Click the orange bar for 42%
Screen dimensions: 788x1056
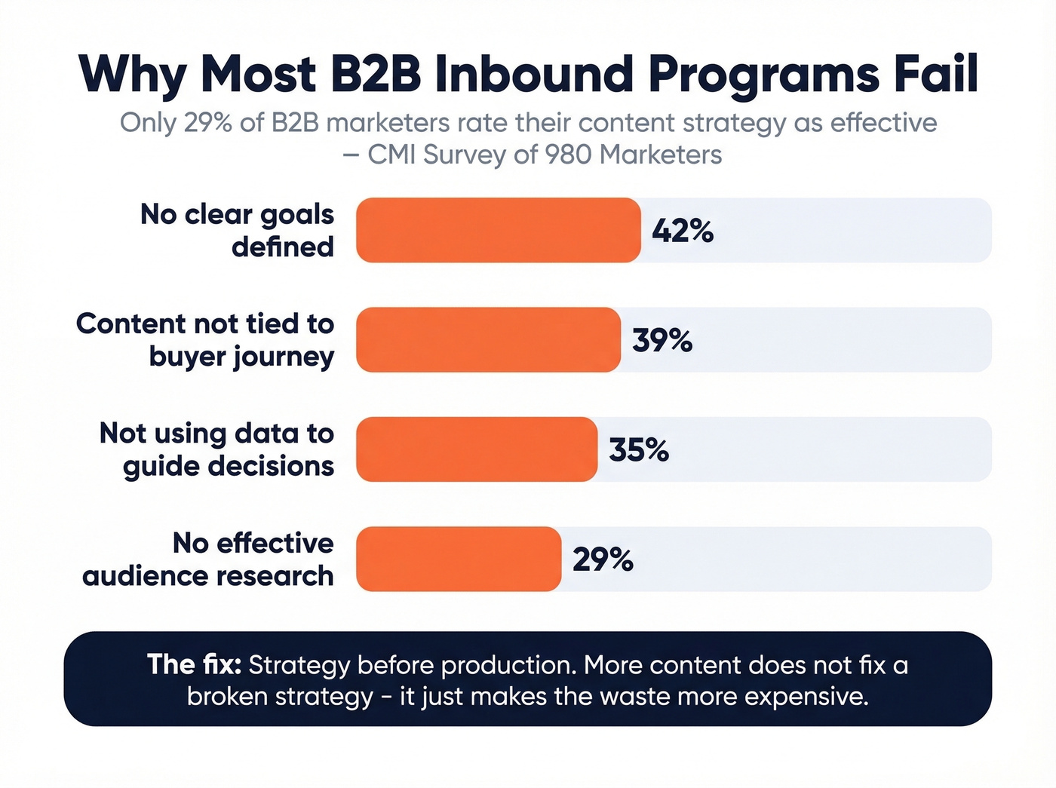tap(498, 230)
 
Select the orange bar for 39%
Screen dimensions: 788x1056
tap(488, 339)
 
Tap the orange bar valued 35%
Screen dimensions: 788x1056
tap(477, 449)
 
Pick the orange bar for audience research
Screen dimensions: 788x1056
tap(459, 559)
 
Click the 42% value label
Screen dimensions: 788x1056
tap(683, 231)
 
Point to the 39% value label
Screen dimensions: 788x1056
tap(662, 340)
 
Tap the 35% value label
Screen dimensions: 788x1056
tap(639, 450)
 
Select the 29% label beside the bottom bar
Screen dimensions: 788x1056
tap(603, 560)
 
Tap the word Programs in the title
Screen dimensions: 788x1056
tap(764, 75)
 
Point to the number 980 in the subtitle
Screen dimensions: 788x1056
tap(569, 155)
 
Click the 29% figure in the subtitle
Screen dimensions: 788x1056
tap(207, 122)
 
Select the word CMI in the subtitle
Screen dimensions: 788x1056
tap(392, 155)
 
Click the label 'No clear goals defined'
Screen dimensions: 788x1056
tap(237, 230)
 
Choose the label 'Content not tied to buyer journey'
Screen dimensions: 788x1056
tap(205, 339)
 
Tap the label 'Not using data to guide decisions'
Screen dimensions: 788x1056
tap(217, 449)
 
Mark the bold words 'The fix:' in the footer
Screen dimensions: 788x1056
tap(194, 664)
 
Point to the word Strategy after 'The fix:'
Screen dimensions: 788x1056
tap(299, 665)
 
